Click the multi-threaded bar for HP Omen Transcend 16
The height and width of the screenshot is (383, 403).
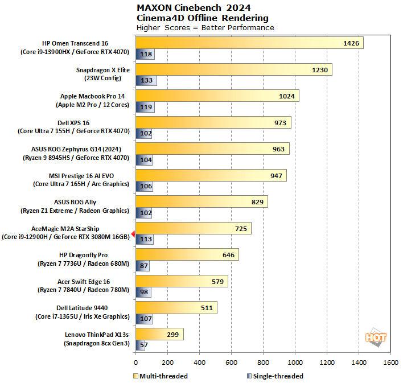[x=249, y=43]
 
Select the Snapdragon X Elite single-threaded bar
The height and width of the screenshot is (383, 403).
[x=146, y=81]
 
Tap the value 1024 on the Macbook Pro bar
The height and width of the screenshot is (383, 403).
[x=287, y=96]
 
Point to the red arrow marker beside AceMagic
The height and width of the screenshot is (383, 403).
[x=133, y=233]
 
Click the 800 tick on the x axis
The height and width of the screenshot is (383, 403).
[x=263, y=362]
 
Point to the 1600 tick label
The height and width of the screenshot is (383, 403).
[x=390, y=362]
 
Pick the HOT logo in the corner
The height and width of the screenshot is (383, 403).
[x=376, y=337]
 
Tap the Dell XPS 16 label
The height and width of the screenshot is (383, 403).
[x=74, y=122]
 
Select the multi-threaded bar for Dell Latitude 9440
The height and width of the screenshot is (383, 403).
[x=176, y=308]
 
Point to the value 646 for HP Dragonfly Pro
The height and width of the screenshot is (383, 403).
[x=228, y=255]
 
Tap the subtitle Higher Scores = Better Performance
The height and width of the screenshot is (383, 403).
[x=205, y=27]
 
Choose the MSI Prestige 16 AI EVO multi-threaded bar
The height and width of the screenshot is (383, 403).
[x=211, y=175]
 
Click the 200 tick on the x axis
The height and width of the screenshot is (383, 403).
[x=167, y=362]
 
